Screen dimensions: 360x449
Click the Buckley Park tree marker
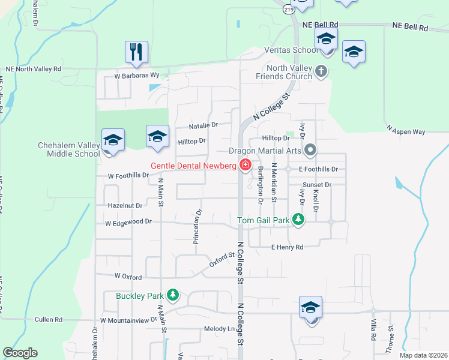click(x=173, y=295)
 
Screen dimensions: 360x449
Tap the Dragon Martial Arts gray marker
click(x=310, y=149)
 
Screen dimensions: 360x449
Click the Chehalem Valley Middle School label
click(x=68, y=149)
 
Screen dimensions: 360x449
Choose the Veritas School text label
click(x=297, y=50)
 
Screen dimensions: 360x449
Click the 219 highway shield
click(x=289, y=10)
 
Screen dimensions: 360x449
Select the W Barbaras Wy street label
click(x=137, y=76)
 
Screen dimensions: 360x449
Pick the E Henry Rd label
click(x=287, y=247)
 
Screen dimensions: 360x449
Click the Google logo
click(x=20, y=353)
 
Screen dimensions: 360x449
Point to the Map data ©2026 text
click(x=422, y=355)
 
